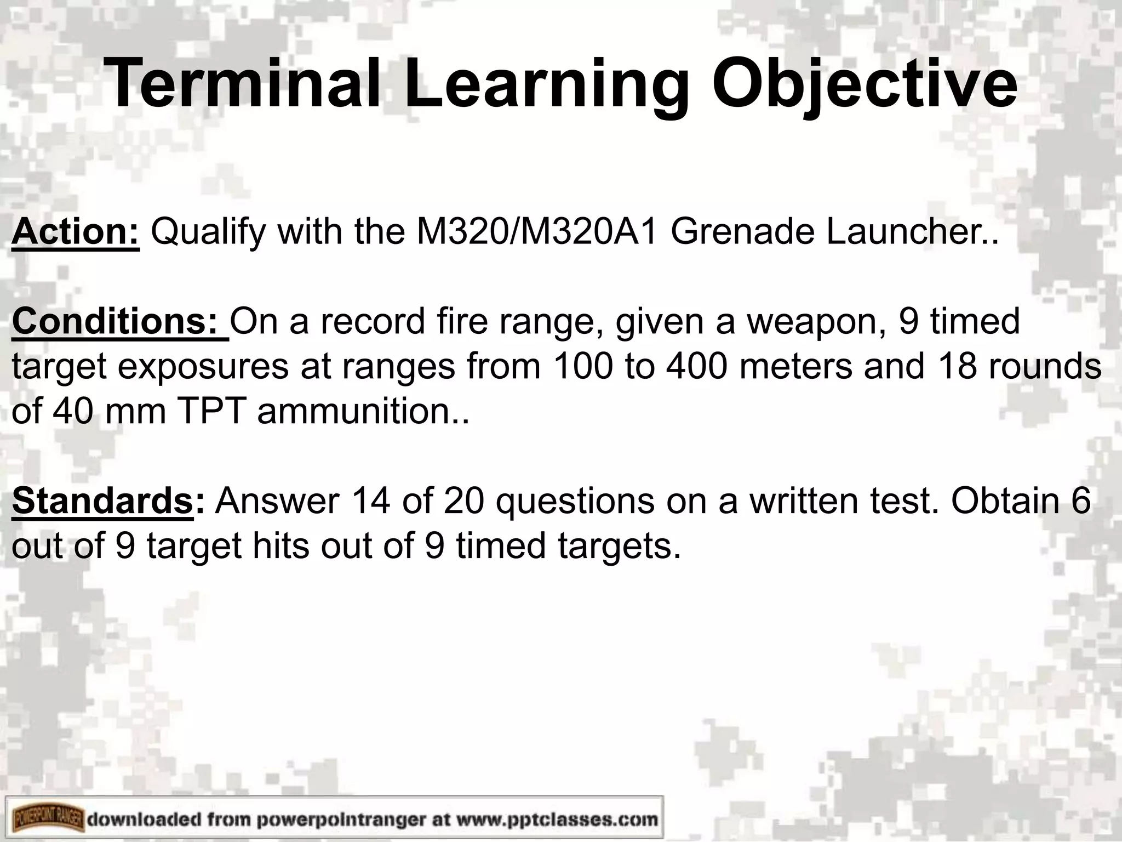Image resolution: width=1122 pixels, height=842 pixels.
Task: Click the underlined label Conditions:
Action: [x=120, y=322]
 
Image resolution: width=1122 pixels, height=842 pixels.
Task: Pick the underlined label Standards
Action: [x=102, y=501]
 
